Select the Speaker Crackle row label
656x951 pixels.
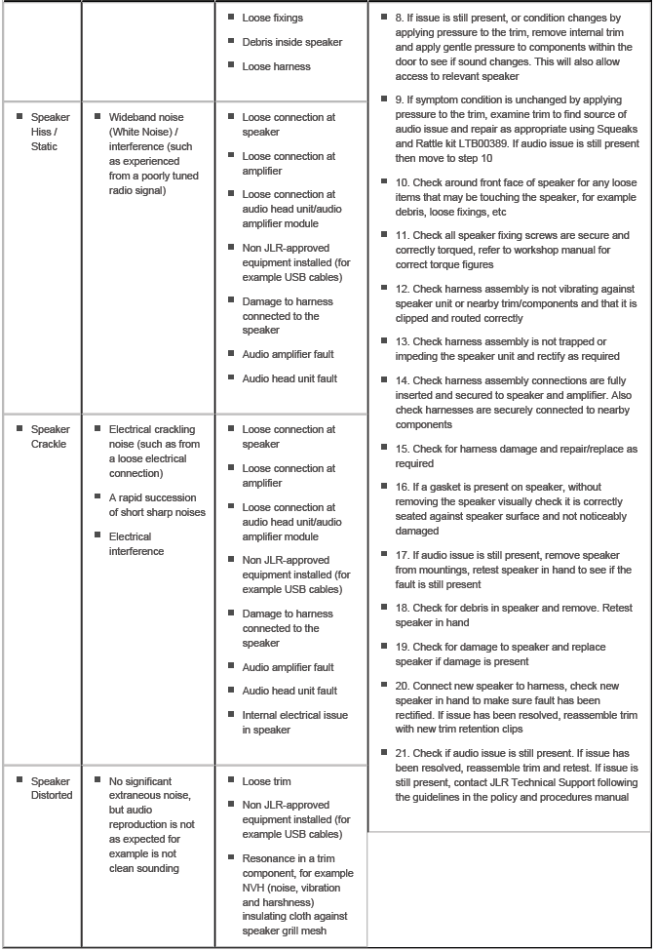49,436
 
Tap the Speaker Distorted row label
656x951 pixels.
51,788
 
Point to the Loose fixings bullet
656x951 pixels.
273,18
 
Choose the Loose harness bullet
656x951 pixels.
276,66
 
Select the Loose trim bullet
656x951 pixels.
266,781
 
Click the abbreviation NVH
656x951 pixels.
255,888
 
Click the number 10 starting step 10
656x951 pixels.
402,181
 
